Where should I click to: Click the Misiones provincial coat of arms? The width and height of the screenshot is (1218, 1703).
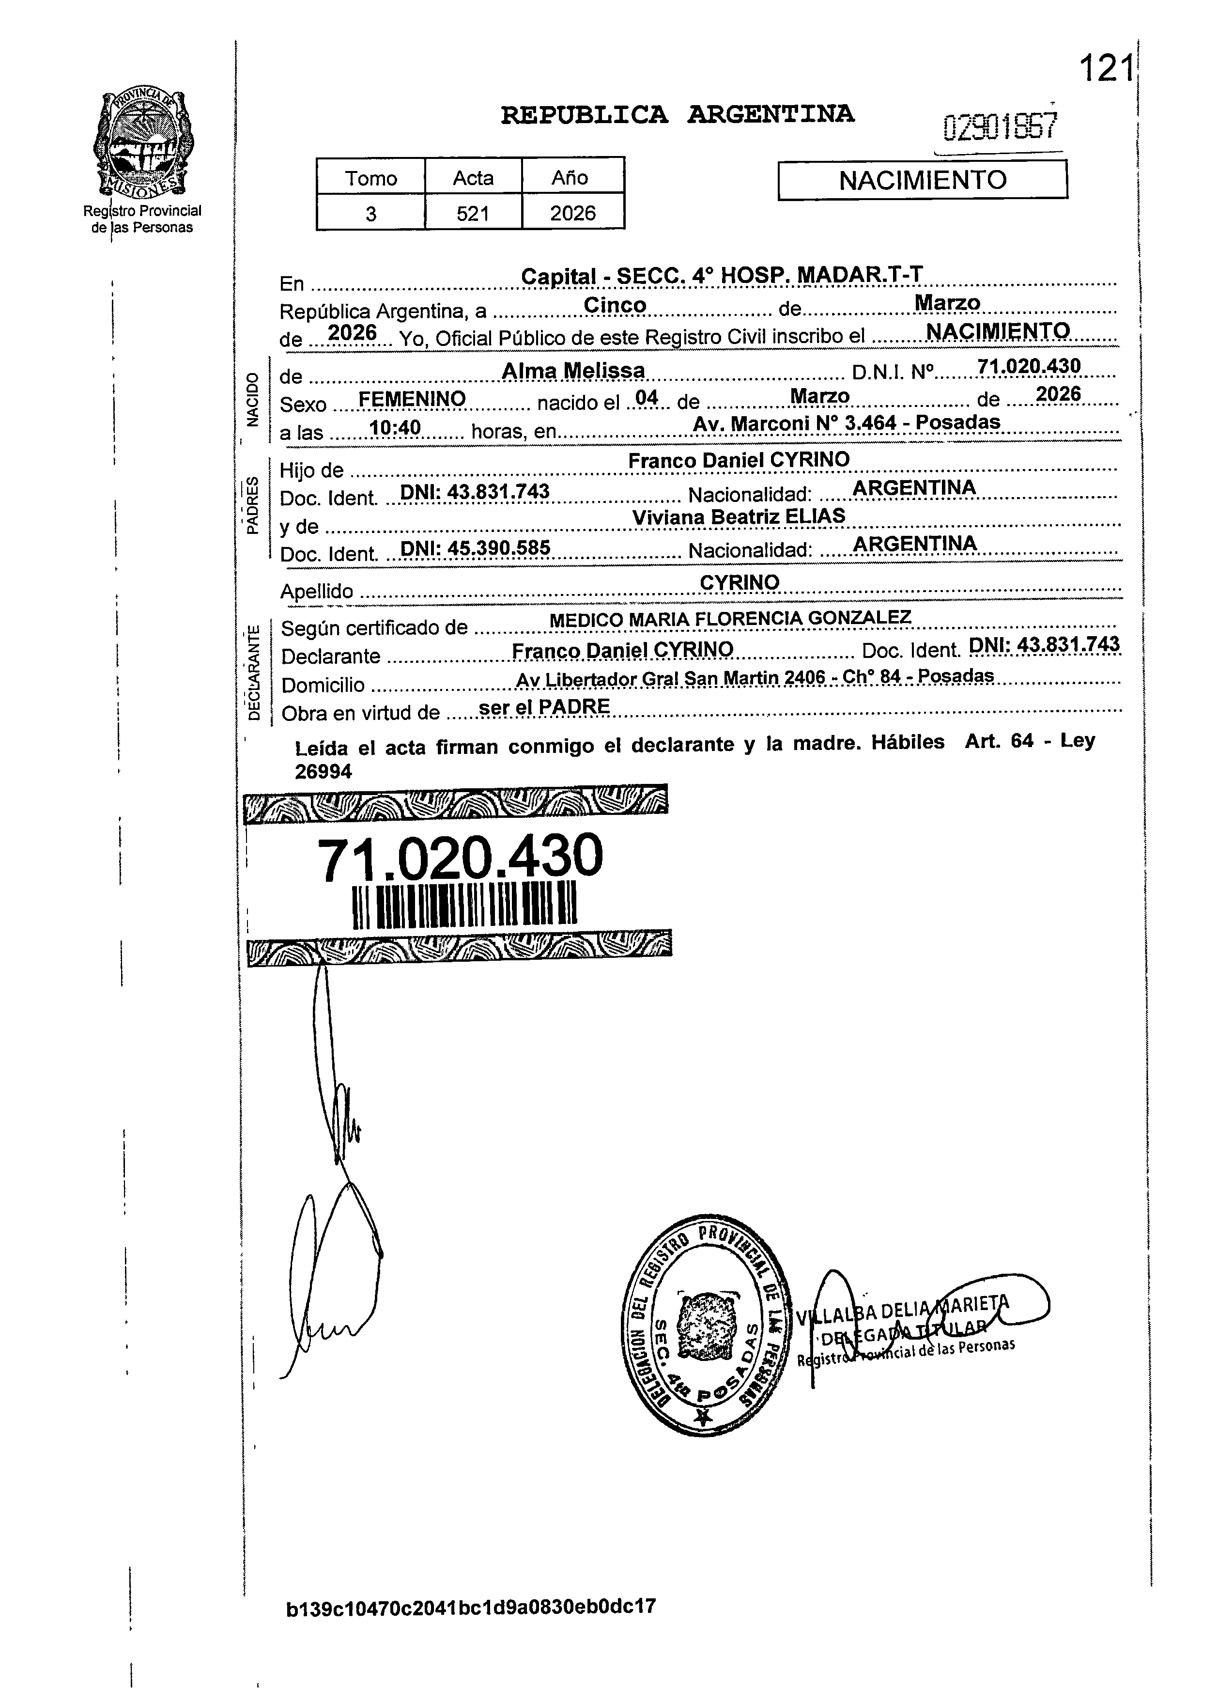142,142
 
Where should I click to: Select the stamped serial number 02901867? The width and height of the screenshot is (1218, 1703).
1001,127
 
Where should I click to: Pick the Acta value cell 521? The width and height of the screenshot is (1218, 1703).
473,214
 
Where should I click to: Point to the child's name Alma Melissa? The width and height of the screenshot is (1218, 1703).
573,371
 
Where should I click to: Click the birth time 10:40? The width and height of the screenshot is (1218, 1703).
395,428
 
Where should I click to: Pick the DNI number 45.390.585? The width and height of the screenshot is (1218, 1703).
476,548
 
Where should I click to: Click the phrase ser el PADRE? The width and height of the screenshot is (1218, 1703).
544,707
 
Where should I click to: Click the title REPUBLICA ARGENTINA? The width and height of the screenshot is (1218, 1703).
677,115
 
